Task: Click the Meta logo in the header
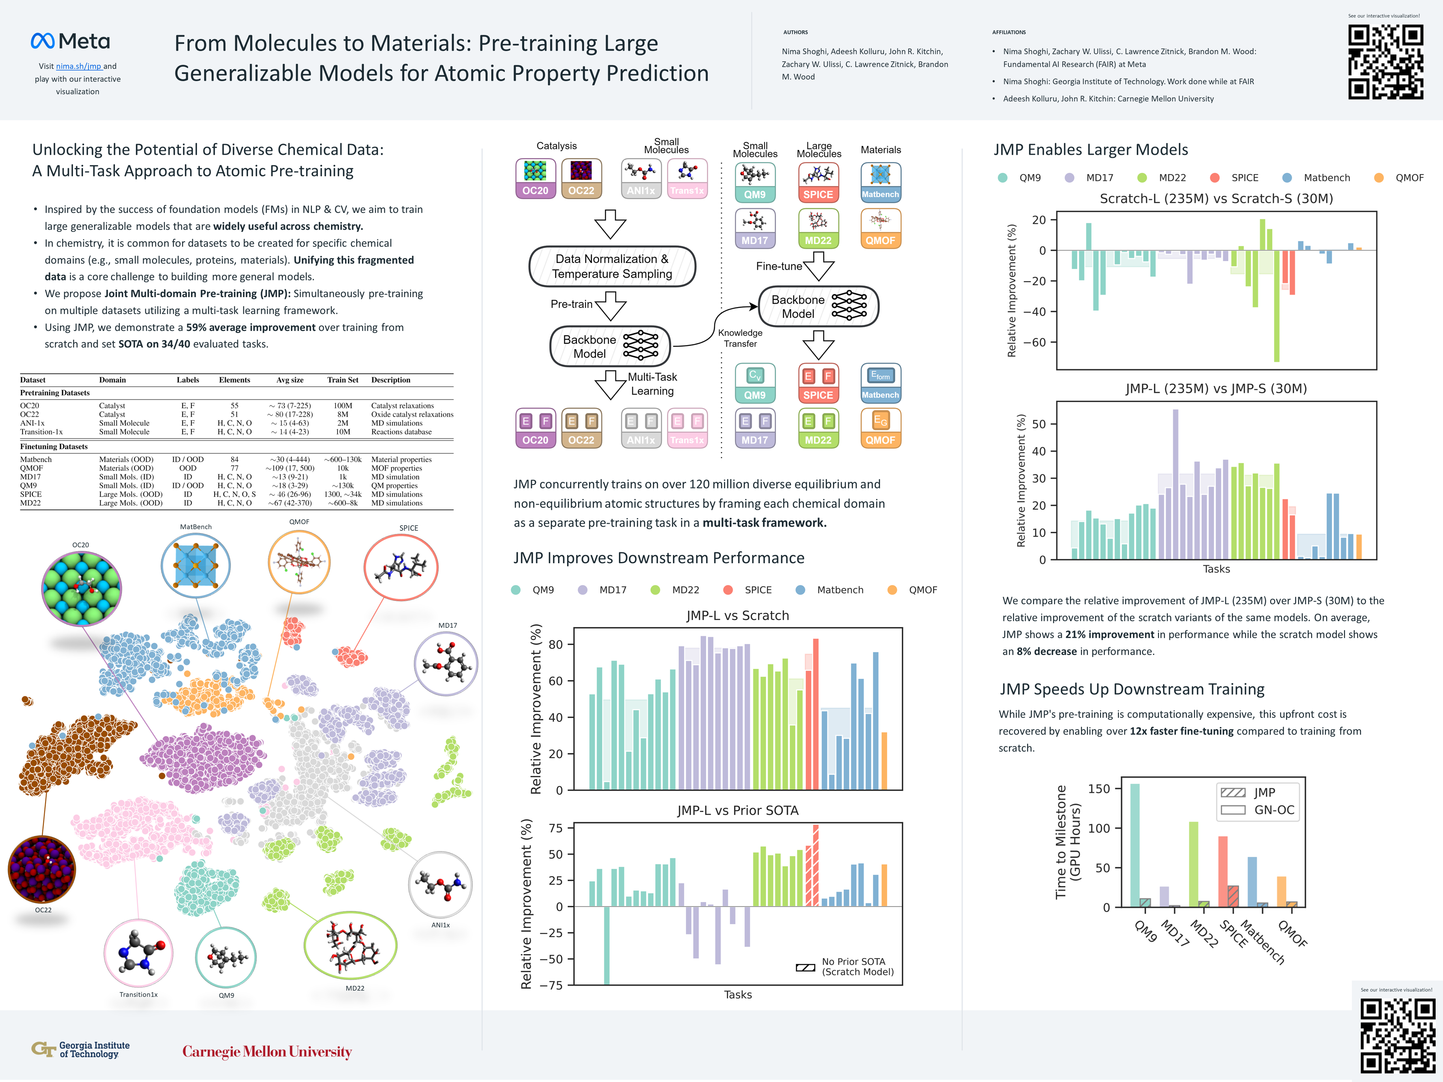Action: point(70,41)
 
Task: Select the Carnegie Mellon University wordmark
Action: point(267,1051)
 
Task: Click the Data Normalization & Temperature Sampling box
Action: point(612,266)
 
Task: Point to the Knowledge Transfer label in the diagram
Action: point(740,338)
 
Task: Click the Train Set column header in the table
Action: point(342,379)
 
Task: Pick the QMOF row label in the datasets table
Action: point(31,468)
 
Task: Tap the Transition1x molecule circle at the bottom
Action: point(138,953)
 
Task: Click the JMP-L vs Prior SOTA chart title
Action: point(737,810)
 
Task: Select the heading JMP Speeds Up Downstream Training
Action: point(1132,689)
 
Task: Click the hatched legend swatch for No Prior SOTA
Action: point(805,967)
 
